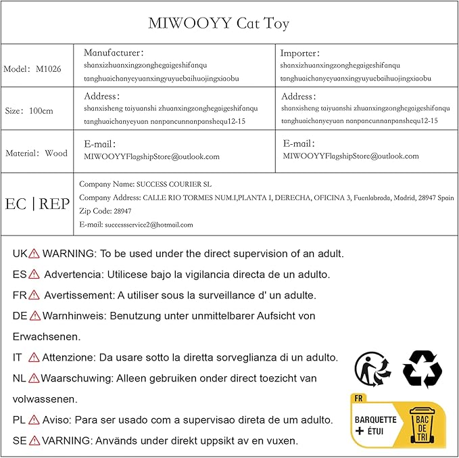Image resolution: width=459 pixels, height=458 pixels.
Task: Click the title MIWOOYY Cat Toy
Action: point(218,24)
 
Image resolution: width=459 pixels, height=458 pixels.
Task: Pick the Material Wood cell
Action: point(37,154)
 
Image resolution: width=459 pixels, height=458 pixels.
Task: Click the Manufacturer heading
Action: point(114,53)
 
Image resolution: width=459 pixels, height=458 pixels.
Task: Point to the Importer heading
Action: point(301,53)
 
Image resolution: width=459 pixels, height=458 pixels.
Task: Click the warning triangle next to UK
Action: point(34,254)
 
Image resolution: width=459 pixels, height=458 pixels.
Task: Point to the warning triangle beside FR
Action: point(34,296)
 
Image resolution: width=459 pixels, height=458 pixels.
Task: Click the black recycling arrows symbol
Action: point(422,369)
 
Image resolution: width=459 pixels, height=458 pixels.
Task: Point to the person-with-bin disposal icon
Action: point(372,369)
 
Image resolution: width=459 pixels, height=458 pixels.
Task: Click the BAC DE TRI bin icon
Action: point(422,423)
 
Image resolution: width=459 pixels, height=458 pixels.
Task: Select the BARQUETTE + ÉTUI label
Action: point(376,425)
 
